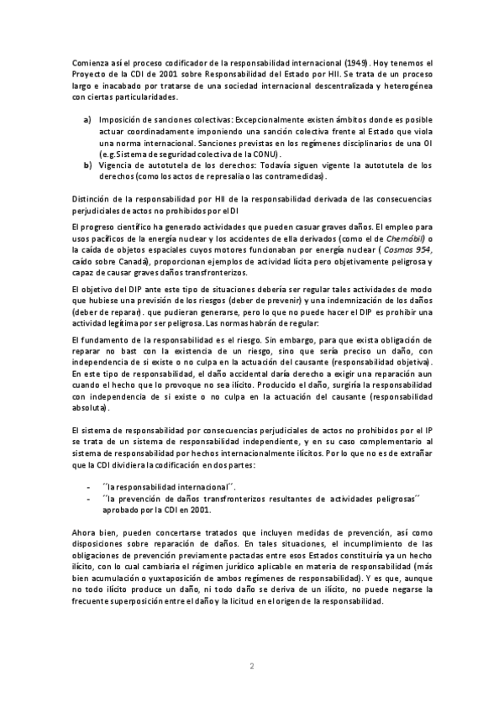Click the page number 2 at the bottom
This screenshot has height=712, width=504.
coord(252,667)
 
